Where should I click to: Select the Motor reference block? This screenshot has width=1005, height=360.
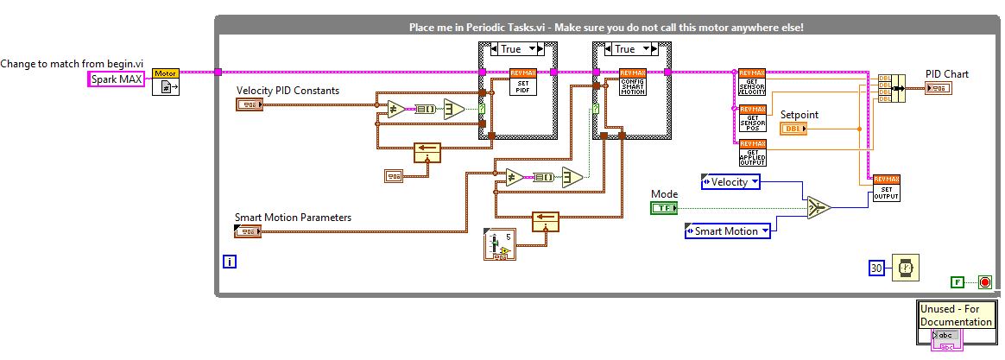click(x=166, y=83)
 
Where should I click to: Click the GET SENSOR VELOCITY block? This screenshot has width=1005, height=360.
click(x=752, y=82)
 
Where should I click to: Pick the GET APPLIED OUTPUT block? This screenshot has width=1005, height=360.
click(x=752, y=152)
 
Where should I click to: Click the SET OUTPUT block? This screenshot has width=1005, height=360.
click(x=887, y=188)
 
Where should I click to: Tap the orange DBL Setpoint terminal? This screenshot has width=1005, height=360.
click(x=793, y=129)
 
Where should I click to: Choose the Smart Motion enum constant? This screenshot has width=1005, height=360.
click(x=723, y=231)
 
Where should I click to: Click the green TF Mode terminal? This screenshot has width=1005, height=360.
click(x=664, y=208)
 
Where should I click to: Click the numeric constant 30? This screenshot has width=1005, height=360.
click(x=876, y=268)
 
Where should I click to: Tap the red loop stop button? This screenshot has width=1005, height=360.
click(x=984, y=281)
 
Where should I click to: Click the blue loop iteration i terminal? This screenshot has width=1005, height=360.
click(x=229, y=260)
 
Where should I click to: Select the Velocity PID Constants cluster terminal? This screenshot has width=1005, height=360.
click(x=249, y=104)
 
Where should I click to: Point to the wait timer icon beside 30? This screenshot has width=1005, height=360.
click(x=906, y=268)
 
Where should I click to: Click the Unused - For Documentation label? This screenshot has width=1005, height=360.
click(x=955, y=316)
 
